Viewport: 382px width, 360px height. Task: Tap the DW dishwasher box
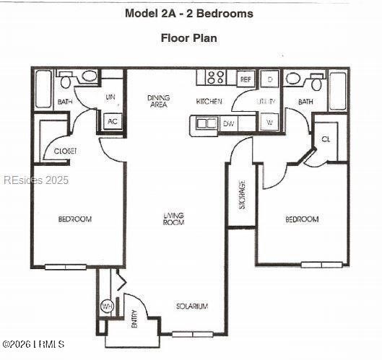click(228, 123)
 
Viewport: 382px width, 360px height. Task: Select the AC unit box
click(113, 121)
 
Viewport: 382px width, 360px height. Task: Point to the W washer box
click(269, 123)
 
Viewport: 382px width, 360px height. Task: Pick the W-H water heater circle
click(107, 307)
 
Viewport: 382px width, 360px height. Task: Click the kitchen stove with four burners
click(214, 77)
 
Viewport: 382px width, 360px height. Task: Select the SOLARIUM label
click(192, 307)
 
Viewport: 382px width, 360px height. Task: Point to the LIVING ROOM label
click(173, 218)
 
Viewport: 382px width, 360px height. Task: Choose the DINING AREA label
click(158, 101)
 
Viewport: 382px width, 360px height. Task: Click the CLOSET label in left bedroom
click(66, 151)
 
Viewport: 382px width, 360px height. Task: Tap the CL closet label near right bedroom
click(326, 139)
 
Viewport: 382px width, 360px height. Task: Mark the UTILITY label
click(266, 102)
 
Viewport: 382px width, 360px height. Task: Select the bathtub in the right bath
click(337, 91)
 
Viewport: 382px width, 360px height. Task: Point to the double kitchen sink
click(206, 123)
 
